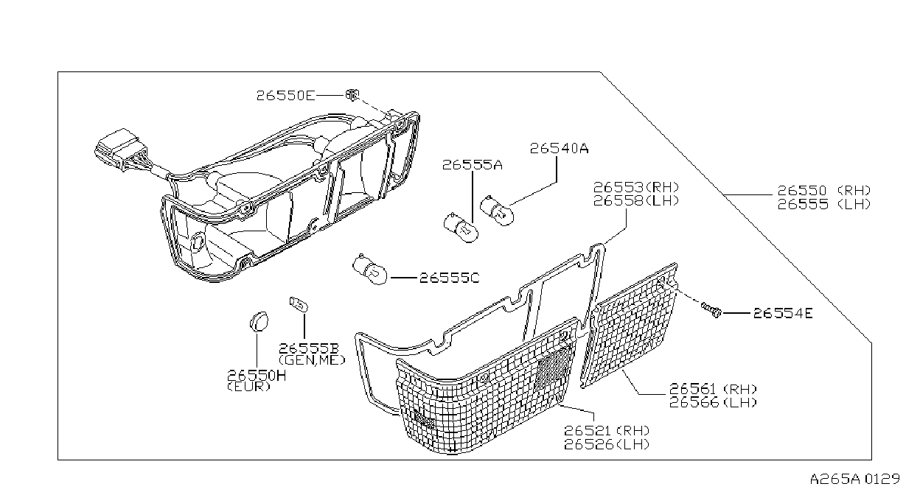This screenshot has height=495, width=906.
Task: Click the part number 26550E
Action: point(285,96)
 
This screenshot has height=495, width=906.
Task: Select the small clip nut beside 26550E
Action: point(352,95)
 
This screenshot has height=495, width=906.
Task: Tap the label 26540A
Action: point(559,149)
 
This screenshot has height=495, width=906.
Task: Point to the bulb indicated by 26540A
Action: point(497,211)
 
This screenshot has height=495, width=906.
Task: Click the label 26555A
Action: point(472,165)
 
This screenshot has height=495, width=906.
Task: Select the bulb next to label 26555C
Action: point(369,269)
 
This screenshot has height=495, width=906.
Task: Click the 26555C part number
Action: point(449,278)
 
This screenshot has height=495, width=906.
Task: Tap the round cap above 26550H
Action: point(258,322)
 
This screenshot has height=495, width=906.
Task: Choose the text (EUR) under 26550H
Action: point(248,387)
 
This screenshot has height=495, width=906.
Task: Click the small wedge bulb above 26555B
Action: point(299,304)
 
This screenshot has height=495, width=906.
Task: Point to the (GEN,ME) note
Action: point(312,359)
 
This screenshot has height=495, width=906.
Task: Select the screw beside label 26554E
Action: point(711,310)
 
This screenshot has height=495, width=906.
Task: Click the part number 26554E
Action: point(783,313)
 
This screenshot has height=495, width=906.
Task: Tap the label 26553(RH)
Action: point(635,187)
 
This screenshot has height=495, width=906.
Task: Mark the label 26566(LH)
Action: point(713,402)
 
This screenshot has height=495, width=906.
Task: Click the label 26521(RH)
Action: point(607,430)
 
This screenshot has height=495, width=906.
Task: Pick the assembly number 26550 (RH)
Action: point(824,190)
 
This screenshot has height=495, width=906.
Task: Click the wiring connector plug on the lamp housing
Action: point(118,149)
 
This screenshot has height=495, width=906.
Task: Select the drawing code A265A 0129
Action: point(854,480)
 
